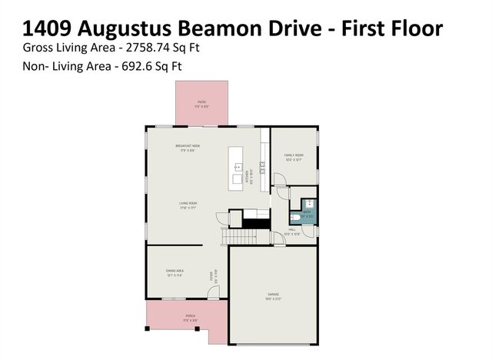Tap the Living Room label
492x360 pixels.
click(x=188, y=205)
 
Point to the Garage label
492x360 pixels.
click(x=273, y=294)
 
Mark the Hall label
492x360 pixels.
click(x=293, y=228)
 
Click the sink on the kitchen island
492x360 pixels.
click(x=238, y=166)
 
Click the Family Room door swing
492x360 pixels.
click(x=281, y=181)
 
